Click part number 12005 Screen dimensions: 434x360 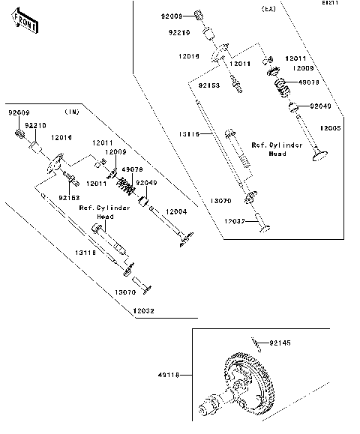coord(330,129)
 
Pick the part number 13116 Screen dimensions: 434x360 coord(189,133)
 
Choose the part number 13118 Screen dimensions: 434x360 coord(84,253)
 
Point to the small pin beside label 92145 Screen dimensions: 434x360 coord(256,343)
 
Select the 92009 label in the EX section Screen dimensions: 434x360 coord(172,15)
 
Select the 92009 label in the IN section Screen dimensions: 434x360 coord(19,112)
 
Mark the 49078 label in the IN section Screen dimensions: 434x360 coord(132,169)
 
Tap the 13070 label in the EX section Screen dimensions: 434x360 coord(220,201)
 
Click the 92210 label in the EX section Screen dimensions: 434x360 coord(178,33)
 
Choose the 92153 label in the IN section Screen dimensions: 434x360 coord(69,197)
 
